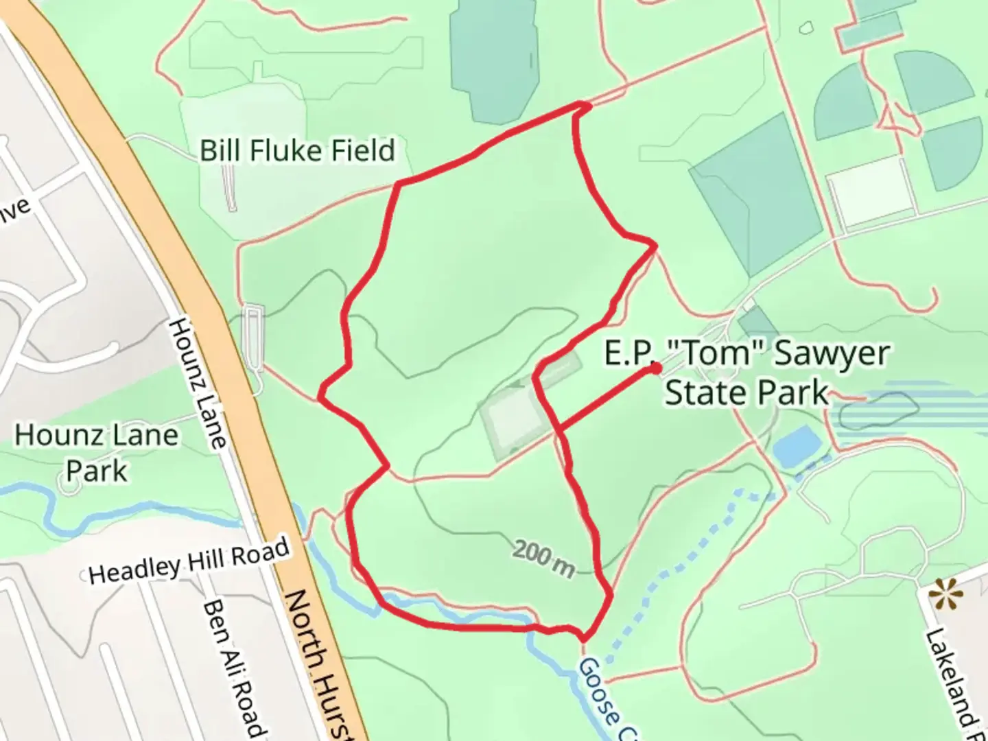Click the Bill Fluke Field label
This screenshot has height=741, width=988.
coord(297,150)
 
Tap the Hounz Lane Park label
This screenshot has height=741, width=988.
coord(96,453)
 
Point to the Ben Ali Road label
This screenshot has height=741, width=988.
coord(233,669)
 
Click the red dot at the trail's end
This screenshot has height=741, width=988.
coord(656,368)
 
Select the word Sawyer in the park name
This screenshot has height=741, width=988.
coord(832,353)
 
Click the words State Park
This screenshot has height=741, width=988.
coord(746,393)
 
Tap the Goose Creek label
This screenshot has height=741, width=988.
coord(604,700)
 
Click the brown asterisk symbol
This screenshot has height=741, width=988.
coord(945,595)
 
